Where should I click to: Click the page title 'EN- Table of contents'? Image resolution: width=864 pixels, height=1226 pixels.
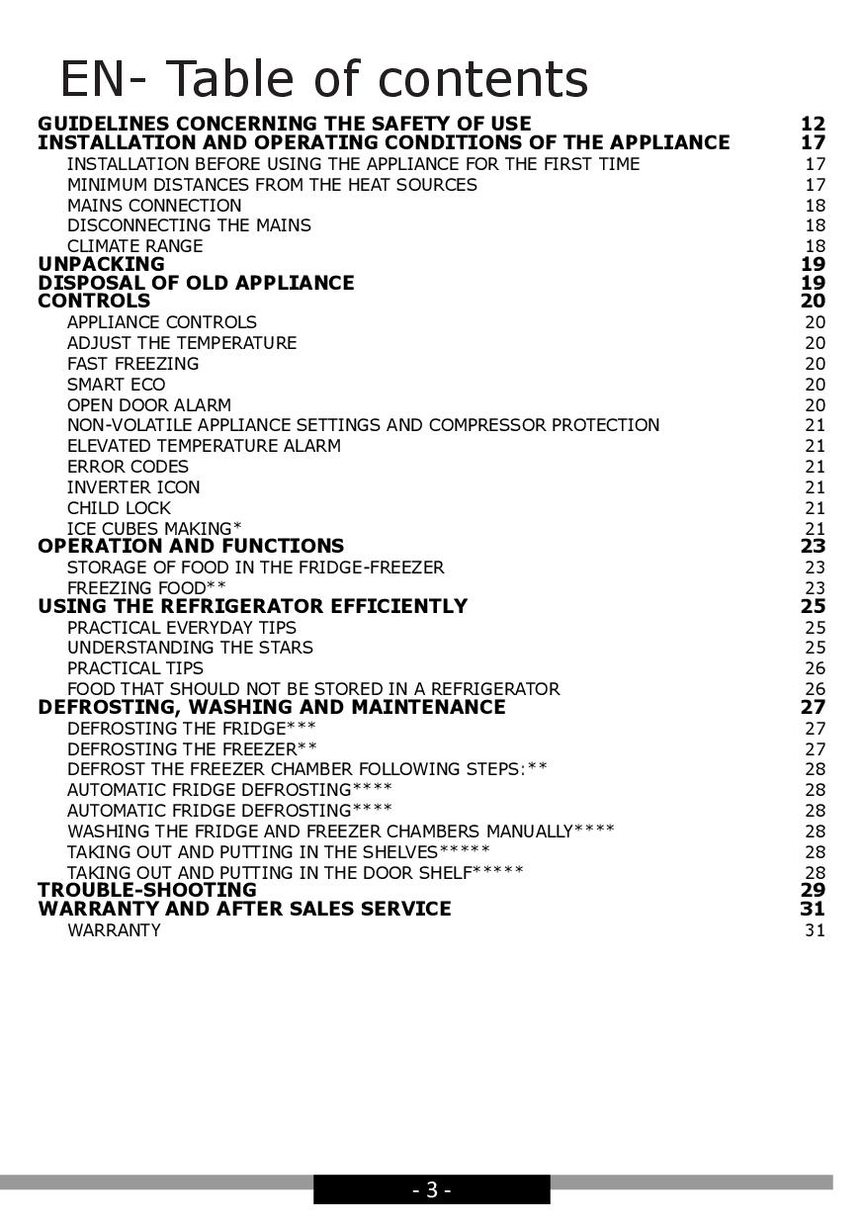(323, 79)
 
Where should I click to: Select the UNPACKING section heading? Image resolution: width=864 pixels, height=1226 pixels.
(101, 264)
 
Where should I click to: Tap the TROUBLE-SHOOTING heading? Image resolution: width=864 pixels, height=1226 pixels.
(146, 890)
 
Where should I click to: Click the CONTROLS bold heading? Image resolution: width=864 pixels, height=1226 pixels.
(94, 301)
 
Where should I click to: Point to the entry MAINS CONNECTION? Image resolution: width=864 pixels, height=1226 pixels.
(154, 206)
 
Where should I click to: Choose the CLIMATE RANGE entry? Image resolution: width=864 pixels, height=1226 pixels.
(134, 246)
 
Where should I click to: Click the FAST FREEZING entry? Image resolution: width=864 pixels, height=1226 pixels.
(132, 364)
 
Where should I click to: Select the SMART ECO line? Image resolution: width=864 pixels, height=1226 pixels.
(116, 385)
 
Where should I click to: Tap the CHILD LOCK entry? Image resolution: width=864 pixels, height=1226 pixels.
(119, 508)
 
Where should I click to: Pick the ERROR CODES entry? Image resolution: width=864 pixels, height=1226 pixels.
(128, 467)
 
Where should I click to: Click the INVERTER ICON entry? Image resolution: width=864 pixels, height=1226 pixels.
(133, 487)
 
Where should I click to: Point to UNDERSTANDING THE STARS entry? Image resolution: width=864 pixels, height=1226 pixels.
(190, 648)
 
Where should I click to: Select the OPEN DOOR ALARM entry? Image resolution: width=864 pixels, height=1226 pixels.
(149, 405)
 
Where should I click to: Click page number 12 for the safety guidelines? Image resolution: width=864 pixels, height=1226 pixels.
(813, 124)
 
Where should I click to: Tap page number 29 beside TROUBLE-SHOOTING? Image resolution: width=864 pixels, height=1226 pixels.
(813, 890)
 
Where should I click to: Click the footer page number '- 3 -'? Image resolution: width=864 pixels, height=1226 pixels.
(432, 1190)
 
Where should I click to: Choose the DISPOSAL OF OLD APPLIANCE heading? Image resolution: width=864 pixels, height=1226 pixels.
(196, 283)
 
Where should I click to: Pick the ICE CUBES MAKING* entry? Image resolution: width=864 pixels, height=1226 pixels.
(154, 529)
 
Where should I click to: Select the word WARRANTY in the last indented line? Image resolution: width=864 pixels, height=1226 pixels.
(114, 930)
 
